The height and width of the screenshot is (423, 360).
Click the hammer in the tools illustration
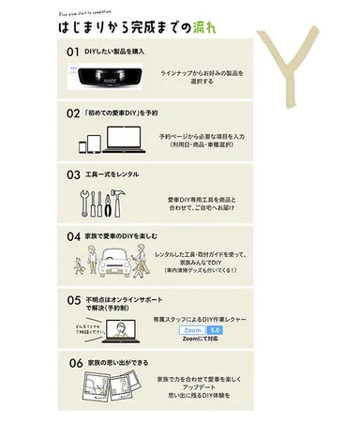(132, 202)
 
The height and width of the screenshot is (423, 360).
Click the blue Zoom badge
(191, 331)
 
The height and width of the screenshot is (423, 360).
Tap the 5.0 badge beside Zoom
(215, 331)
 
